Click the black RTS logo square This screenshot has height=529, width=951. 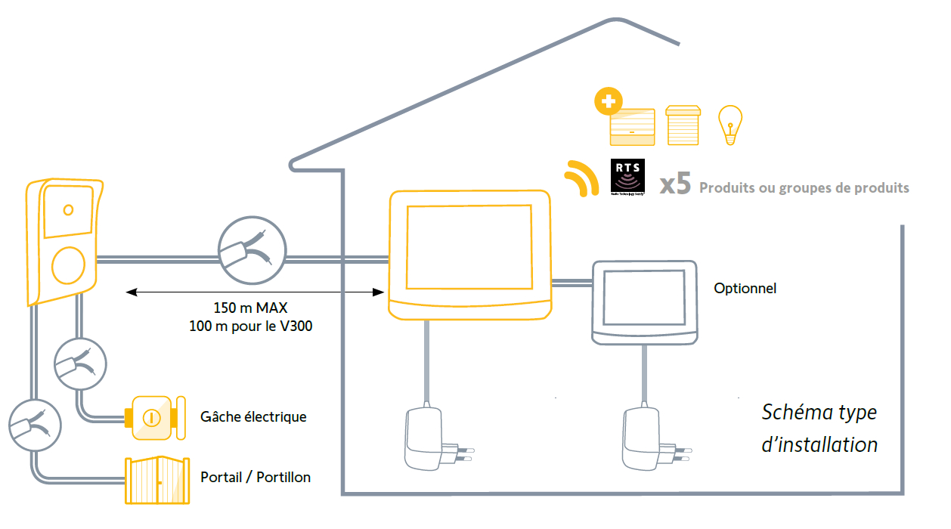click(627, 178)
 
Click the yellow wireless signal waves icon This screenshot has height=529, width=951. click(578, 178)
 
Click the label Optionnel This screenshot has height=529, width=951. click(745, 288)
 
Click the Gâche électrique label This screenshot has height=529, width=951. click(253, 416)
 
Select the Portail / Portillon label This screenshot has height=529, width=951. click(256, 477)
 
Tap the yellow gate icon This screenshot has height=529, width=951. click(156, 481)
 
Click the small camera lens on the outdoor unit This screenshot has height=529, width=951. click(68, 209)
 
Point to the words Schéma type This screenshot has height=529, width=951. click(819, 413)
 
